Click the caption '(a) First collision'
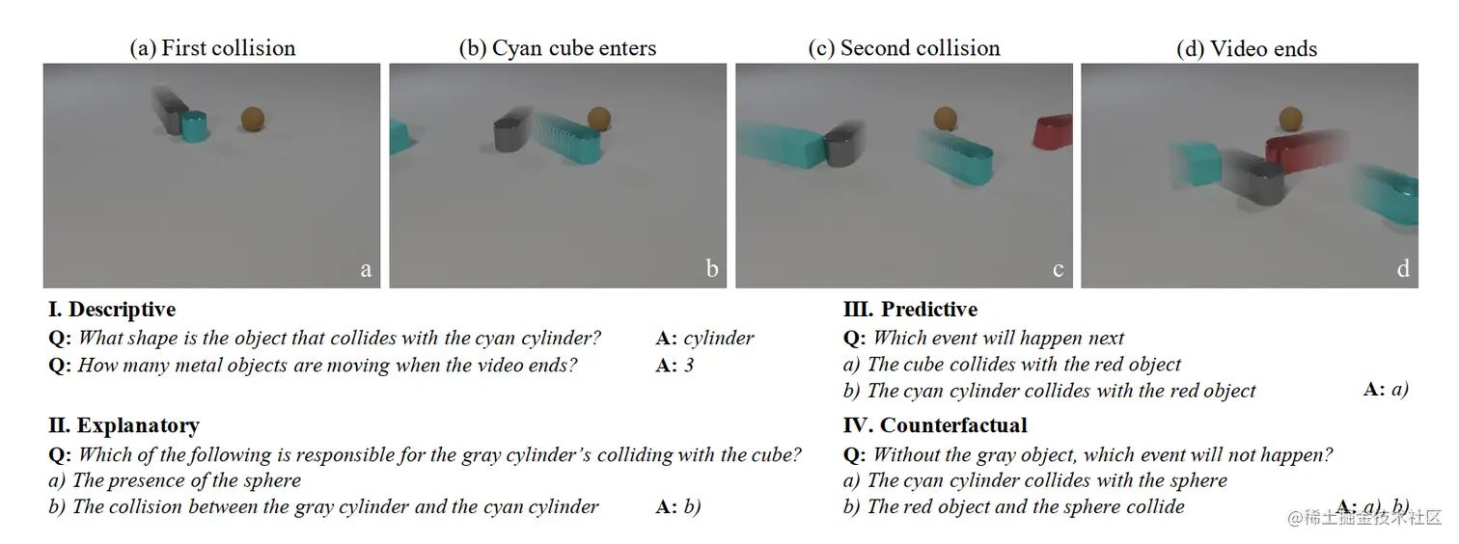click(212, 48)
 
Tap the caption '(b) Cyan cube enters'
click(558, 48)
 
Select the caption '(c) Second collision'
click(903, 48)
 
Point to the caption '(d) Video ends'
click(1247, 48)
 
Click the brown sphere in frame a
click(253, 120)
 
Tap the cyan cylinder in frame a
click(196, 126)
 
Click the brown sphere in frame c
click(946, 119)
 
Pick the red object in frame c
click(1052, 133)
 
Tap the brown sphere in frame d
click(1290, 119)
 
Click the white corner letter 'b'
click(712, 269)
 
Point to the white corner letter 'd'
click(1403, 269)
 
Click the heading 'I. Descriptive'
click(113, 310)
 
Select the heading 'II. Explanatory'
click(124, 425)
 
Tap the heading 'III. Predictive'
click(910, 310)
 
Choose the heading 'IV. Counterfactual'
click(935, 425)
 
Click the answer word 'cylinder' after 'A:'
click(719, 338)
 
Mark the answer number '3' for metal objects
click(689, 365)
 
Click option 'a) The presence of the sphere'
click(175, 480)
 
